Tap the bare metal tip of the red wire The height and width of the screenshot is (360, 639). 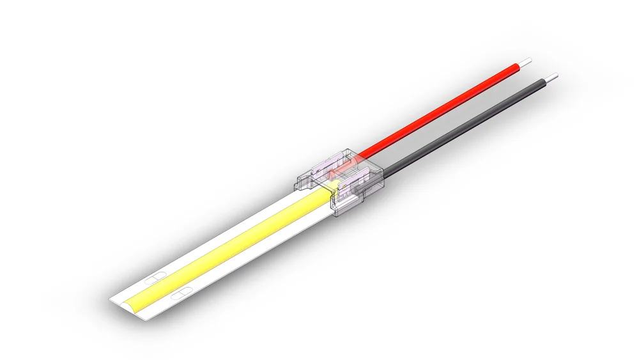point(525,63)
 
